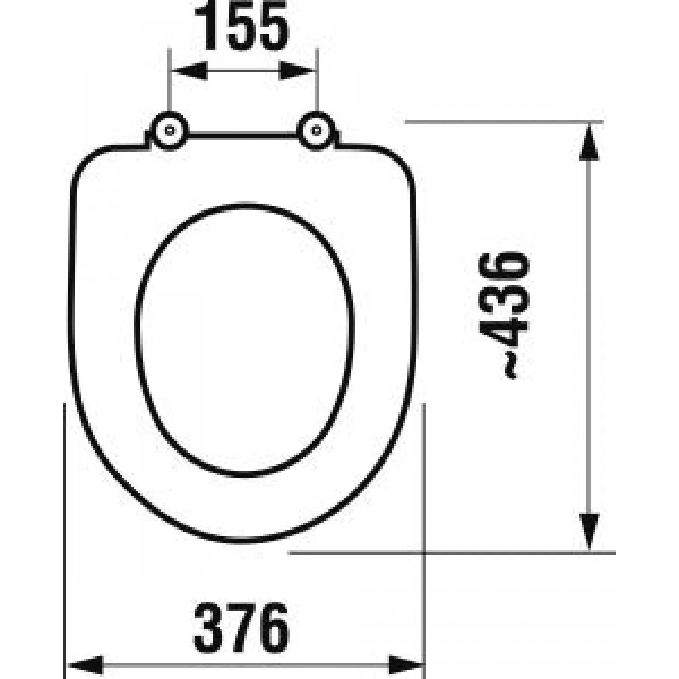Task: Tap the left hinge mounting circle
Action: [169, 130]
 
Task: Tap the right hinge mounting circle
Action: [316, 130]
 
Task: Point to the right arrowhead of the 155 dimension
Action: [296, 71]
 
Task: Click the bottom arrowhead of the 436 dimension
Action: [589, 532]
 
